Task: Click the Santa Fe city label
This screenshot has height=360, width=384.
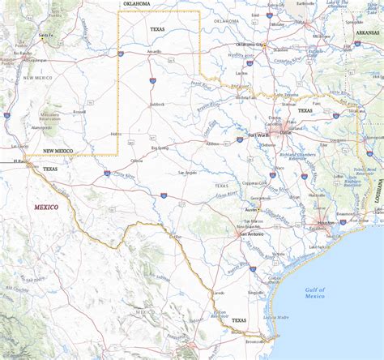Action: point(46,36)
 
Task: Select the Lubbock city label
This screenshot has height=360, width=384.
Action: point(157,105)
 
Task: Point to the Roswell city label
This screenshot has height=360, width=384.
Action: point(79,112)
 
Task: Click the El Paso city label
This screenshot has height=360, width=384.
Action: point(20,162)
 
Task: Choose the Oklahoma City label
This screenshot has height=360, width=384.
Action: point(250,45)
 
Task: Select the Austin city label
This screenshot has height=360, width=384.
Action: point(251,210)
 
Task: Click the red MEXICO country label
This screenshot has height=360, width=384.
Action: point(46,207)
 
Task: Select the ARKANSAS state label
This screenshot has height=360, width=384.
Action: point(367,32)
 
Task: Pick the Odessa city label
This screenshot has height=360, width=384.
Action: point(138,161)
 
